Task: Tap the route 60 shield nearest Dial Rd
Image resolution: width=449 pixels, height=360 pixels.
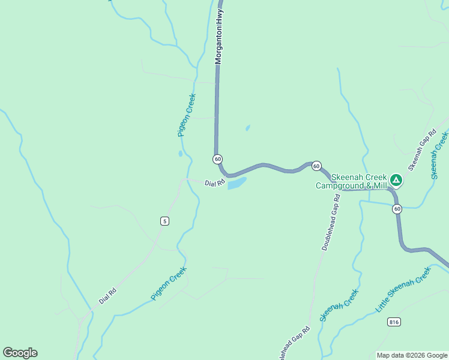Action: point(217,159)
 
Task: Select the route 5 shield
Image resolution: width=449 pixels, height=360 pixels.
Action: point(164,221)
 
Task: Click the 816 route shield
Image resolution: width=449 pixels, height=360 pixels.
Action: point(394,322)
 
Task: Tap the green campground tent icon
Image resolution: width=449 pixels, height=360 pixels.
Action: point(396,179)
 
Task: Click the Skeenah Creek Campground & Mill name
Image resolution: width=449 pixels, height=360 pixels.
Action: point(351,181)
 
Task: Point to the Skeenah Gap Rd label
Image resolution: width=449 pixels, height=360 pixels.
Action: point(421,149)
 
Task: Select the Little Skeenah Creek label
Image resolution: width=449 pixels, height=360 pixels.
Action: point(403,289)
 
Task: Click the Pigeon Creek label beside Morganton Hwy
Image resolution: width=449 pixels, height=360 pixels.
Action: point(187,115)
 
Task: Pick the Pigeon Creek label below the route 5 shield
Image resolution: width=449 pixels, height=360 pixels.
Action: point(169,283)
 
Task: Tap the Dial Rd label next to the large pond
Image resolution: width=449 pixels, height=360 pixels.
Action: point(214,183)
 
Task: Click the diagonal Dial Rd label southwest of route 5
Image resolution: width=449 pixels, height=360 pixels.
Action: point(107,295)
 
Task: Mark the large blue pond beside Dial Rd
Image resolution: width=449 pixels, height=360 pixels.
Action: point(237,182)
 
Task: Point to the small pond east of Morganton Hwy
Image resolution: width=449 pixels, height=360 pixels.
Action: point(248,128)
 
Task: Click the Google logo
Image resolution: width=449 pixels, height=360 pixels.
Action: point(20,353)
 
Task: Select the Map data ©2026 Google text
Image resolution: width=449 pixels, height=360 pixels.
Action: point(412,355)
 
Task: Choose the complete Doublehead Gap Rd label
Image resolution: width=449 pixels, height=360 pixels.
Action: point(332,222)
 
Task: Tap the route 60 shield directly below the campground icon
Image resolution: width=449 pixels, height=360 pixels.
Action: point(397,209)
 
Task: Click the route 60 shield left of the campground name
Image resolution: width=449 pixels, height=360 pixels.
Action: point(316,166)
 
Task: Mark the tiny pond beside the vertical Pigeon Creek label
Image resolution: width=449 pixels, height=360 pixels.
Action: point(180,154)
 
